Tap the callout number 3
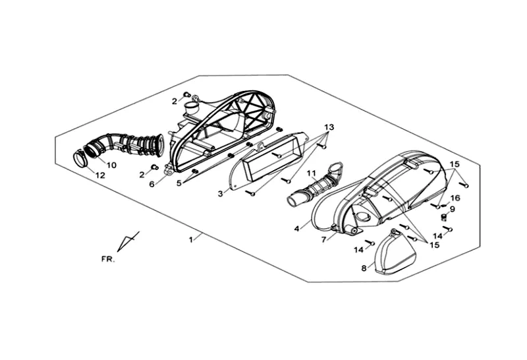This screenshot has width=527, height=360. (x=221, y=193)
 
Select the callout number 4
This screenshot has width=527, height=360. (x=297, y=228)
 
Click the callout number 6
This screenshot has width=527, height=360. (x=152, y=184)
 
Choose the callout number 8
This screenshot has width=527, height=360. (x=363, y=268)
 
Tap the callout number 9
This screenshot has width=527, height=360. (x=453, y=209)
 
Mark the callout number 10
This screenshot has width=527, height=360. (x=111, y=165)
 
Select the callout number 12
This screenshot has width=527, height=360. (x=100, y=175)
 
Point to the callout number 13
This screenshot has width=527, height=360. (x=329, y=126)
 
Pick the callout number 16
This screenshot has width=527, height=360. (x=455, y=198)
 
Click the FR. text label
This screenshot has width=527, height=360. (x=107, y=259)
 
